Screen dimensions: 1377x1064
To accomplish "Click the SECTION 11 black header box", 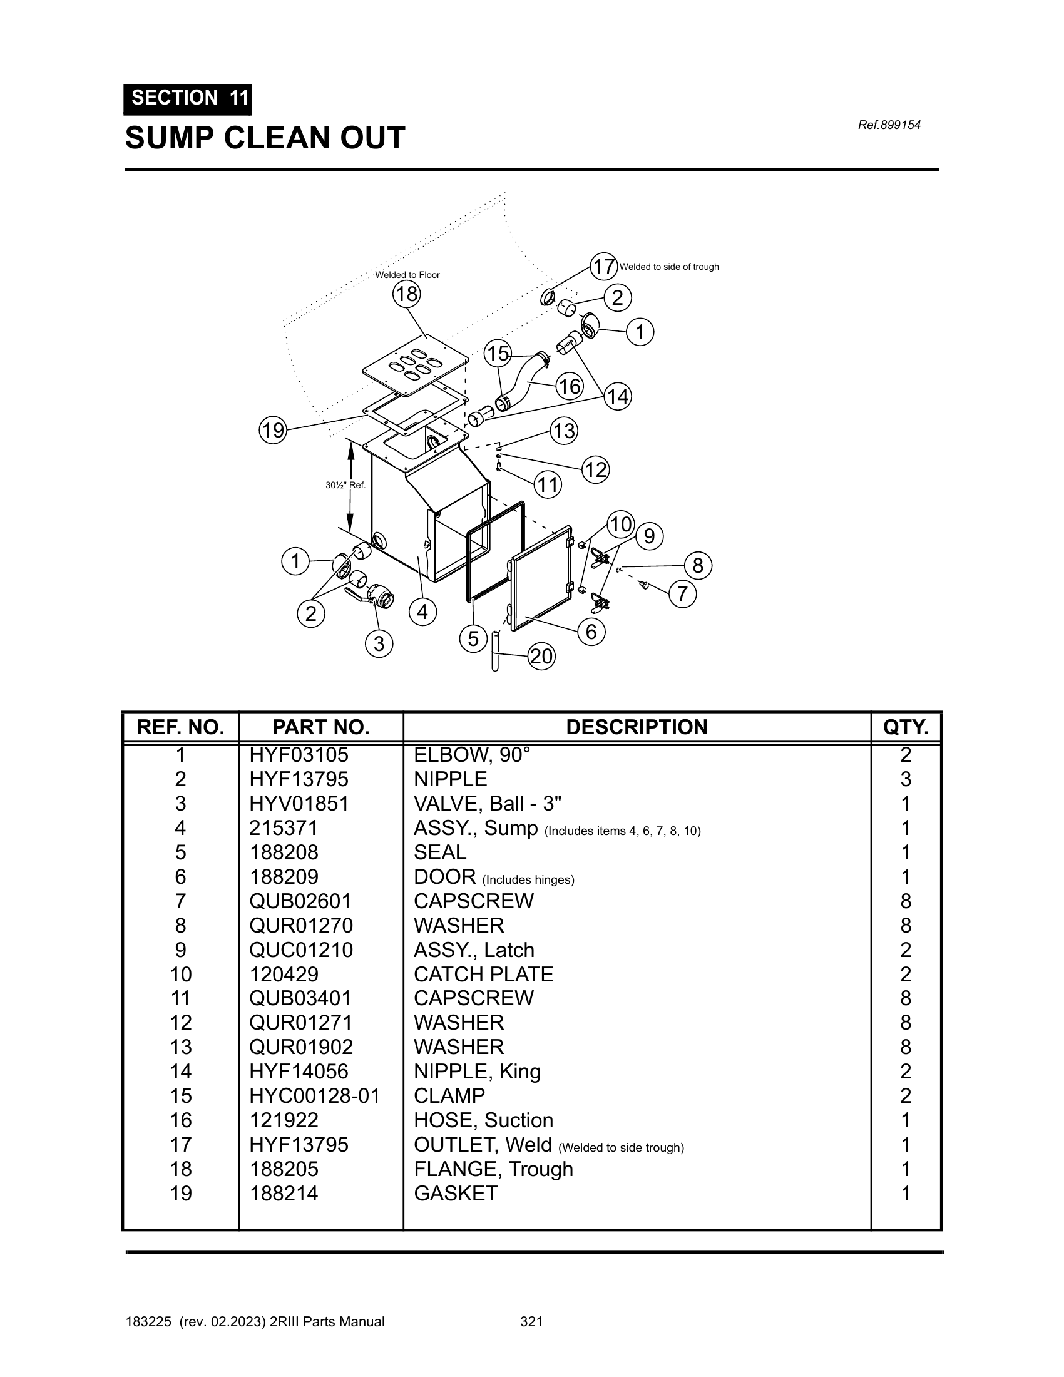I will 188,99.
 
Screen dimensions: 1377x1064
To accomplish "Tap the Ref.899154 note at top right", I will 889,125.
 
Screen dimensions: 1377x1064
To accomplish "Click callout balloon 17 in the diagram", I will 603,266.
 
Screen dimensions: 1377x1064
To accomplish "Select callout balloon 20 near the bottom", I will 541,657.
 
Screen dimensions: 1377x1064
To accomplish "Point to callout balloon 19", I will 273,431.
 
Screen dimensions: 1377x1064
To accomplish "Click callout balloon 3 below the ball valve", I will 379,643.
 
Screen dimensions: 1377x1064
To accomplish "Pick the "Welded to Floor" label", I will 407,275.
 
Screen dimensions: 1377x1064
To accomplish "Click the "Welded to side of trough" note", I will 669,267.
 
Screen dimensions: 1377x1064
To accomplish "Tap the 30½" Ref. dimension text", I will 345,485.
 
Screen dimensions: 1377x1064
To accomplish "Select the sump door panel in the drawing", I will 541,577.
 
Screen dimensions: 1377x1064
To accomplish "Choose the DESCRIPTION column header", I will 637,727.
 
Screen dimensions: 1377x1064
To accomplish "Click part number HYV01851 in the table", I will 299,803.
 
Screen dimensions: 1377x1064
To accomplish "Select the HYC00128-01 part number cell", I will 315,1096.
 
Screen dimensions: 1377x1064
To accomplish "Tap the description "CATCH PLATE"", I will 483,974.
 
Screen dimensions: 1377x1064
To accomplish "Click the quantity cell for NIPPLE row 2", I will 905,779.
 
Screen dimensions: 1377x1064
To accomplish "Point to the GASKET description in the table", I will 456,1194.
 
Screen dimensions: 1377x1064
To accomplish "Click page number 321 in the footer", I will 531,1321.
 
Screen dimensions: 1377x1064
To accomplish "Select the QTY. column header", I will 905,727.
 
